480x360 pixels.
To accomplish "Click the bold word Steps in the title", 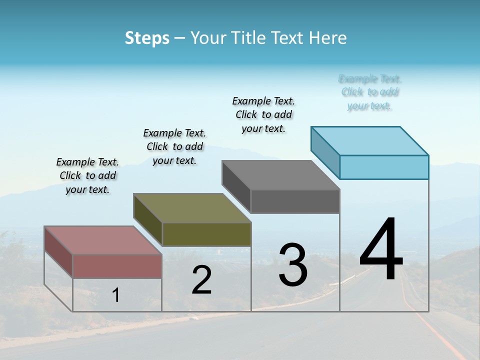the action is click(147, 38).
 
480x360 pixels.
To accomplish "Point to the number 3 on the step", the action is click(293, 265).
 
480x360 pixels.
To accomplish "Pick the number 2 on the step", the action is click(201, 280).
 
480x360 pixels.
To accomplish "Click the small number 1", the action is click(116, 295).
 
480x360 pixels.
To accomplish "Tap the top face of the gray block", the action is click(280, 175).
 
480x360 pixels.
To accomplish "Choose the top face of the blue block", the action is click(369, 141).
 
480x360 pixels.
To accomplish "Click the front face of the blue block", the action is click(384, 167).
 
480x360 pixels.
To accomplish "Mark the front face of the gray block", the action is click(295, 201).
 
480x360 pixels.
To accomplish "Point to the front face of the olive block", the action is click(206, 234).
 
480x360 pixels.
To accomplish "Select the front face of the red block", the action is click(117, 266).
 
